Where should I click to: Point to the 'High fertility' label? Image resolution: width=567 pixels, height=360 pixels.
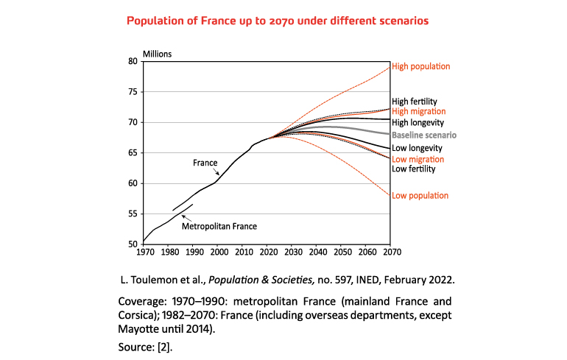(415, 102)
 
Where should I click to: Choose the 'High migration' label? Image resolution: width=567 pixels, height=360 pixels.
(418, 112)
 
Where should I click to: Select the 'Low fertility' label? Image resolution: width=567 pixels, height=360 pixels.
(414, 169)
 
